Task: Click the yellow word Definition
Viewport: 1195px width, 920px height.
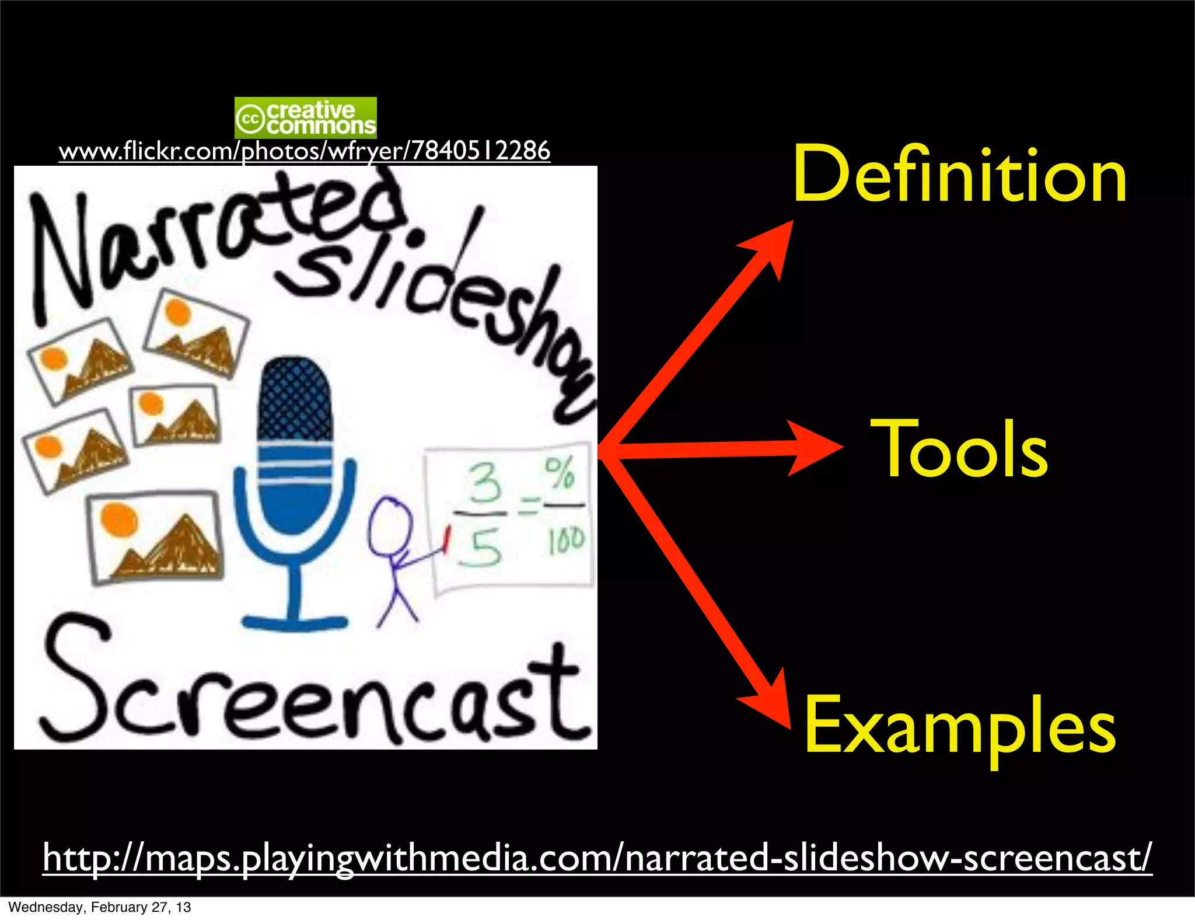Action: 960,175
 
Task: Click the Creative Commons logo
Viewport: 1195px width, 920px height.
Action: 305,118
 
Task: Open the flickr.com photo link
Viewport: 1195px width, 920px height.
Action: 304,151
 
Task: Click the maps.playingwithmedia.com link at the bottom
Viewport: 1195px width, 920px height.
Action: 597,858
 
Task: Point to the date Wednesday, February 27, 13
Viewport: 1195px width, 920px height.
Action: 100,907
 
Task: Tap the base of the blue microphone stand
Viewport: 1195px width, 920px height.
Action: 295,622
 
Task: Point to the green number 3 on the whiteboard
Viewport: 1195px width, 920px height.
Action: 484,483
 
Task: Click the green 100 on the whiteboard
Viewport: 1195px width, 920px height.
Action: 565,540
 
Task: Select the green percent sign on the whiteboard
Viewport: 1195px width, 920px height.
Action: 560,473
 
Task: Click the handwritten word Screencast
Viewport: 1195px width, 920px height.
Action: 315,689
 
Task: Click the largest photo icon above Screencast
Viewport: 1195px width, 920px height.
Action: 155,537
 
